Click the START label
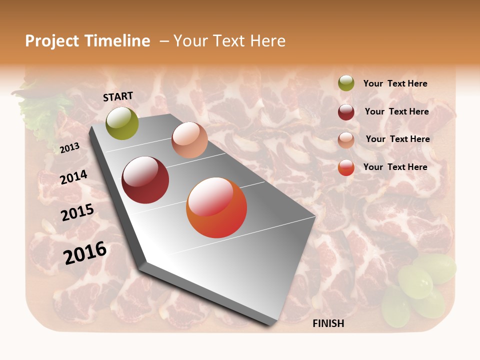click(x=118, y=96)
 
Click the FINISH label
click(x=328, y=323)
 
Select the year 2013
click(x=69, y=148)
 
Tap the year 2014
click(x=74, y=177)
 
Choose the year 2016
click(x=85, y=253)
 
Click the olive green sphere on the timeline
click(x=122, y=123)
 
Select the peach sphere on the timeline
click(x=189, y=140)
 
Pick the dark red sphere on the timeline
click(x=145, y=180)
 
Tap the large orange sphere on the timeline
click(x=216, y=207)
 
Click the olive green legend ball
click(x=346, y=83)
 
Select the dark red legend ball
click(x=346, y=112)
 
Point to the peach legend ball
click(x=346, y=140)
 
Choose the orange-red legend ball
click(x=346, y=167)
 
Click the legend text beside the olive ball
click(x=395, y=84)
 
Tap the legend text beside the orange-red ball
click(x=395, y=167)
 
